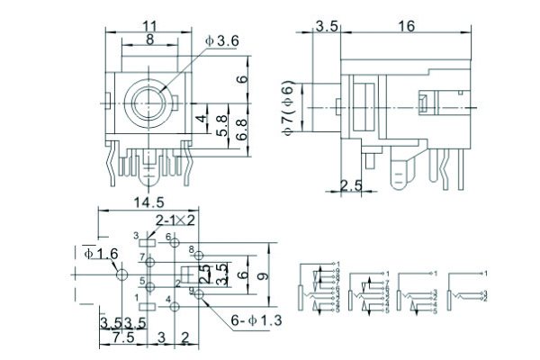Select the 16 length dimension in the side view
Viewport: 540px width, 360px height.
[x=406, y=27]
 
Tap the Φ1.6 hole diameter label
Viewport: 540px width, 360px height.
[x=101, y=255]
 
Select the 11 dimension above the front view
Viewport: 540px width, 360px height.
[x=148, y=27]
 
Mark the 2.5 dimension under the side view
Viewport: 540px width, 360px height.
[x=352, y=185]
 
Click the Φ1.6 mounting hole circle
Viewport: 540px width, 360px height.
[x=120, y=276]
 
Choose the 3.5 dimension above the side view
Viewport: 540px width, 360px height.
[x=327, y=27]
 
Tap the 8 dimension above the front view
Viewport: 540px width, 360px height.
[x=148, y=40]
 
